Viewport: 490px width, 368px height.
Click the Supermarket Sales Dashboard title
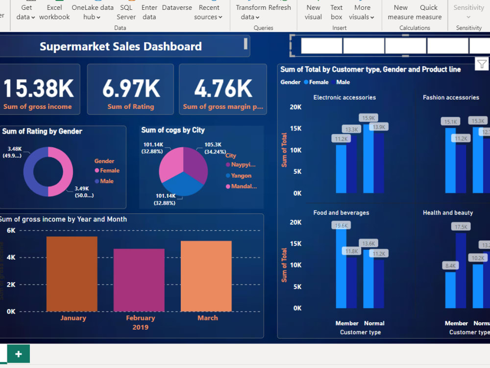(121, 47)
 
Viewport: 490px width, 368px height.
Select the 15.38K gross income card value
(38, 88)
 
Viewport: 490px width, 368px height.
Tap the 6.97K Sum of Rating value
(131, 88)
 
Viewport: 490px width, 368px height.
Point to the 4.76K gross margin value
(223, 88)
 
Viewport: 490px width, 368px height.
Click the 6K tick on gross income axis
(11, 231)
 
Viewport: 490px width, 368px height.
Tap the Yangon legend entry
(241, 176)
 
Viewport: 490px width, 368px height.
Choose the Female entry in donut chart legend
(109, 171)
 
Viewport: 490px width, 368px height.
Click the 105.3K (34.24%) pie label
(213, 148)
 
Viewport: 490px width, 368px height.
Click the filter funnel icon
(482, 64)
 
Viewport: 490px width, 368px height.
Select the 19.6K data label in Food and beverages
(342, 226)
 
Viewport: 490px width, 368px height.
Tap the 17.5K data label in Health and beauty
(462, 227)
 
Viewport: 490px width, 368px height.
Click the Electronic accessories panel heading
(344, 98)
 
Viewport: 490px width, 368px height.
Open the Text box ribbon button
(336, 12)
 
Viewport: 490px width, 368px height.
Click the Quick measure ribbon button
(429, 12)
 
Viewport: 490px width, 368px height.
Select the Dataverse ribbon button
(177, 8)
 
